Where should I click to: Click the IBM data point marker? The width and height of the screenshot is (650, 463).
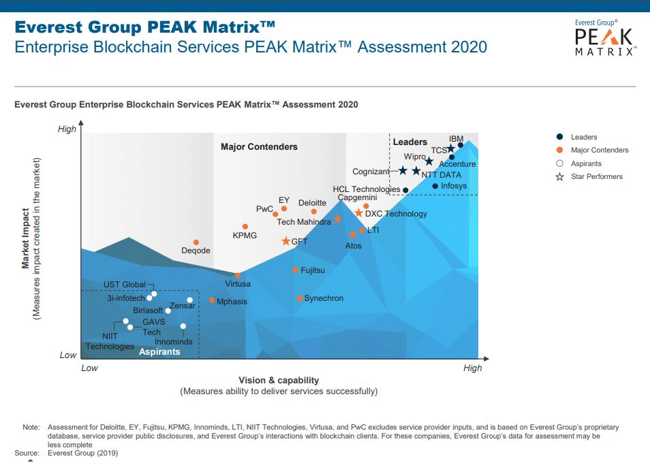pyautogui.click(x=461, y=145)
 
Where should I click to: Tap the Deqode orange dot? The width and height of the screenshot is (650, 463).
pyautogui.click(x=196, y=242)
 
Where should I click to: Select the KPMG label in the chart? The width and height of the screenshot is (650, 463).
pyautogui.click(x=245, y=236)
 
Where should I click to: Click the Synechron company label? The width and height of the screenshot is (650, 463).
pyautogui.click(x=324, y=298)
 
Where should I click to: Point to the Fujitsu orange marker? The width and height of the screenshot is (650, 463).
pyautogui.click(x=295, y=270)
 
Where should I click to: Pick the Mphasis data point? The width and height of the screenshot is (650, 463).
pyautogui.click(x=212, y=300)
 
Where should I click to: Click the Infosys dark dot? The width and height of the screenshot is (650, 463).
pyautogui.click(x=435, y=186)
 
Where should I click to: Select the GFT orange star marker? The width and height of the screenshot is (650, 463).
pyautogui.click(x=286, y=241)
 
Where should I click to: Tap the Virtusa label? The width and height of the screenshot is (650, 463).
pyautogui.click(x=238, y=284)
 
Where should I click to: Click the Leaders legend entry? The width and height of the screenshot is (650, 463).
pyautogui.click(x=584, y=138)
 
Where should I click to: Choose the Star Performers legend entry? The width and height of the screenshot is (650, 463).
pyautogui.click(x=596, y=177)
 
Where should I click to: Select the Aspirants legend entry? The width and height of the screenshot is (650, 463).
pyautogui.click(x=586, y=164)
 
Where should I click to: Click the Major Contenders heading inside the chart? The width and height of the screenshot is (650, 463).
pyautogui.click(x=259, y=146)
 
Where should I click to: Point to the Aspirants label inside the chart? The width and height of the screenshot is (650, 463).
pyautogui.click(x=159, y=352)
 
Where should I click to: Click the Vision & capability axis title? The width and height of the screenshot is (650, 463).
pyautogui.click(x=279, y=380)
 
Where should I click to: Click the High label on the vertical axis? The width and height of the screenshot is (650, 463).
pyautogui.click(x=67, y=129)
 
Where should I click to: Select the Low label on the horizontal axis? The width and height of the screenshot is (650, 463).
pyautogui.click(x=90, y=368)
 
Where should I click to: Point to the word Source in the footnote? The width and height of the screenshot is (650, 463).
pyautogui.click(x=27, y=452)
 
